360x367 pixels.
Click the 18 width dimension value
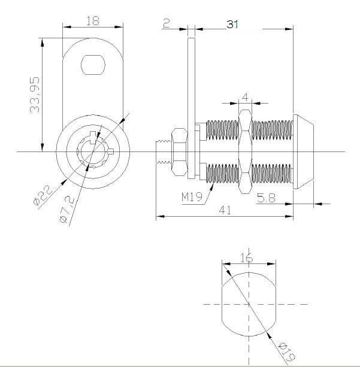tap(93, 21)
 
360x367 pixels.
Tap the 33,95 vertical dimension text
tap(35, 95)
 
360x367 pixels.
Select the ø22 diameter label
tap(43, 195)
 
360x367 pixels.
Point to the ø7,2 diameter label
tap(67, 209)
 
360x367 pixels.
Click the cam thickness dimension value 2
tap(167, 23)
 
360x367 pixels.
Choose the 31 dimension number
tap(232, 25)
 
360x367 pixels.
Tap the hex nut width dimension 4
tap(245, 97)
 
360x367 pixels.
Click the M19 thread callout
tap(192, 197)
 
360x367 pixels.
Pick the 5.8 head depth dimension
tap(266, 198)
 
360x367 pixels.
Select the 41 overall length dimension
tap(225, 210)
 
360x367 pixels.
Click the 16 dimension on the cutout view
tap(247, 257)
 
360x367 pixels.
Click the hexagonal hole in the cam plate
tap(93, 65)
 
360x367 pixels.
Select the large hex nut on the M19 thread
tap(245, 151)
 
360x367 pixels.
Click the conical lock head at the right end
tap(303, 151)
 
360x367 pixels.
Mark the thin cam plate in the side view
tap(191, 108)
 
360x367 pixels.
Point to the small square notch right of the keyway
tap(111, 151)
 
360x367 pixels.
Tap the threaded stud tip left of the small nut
tap(164, 151)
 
